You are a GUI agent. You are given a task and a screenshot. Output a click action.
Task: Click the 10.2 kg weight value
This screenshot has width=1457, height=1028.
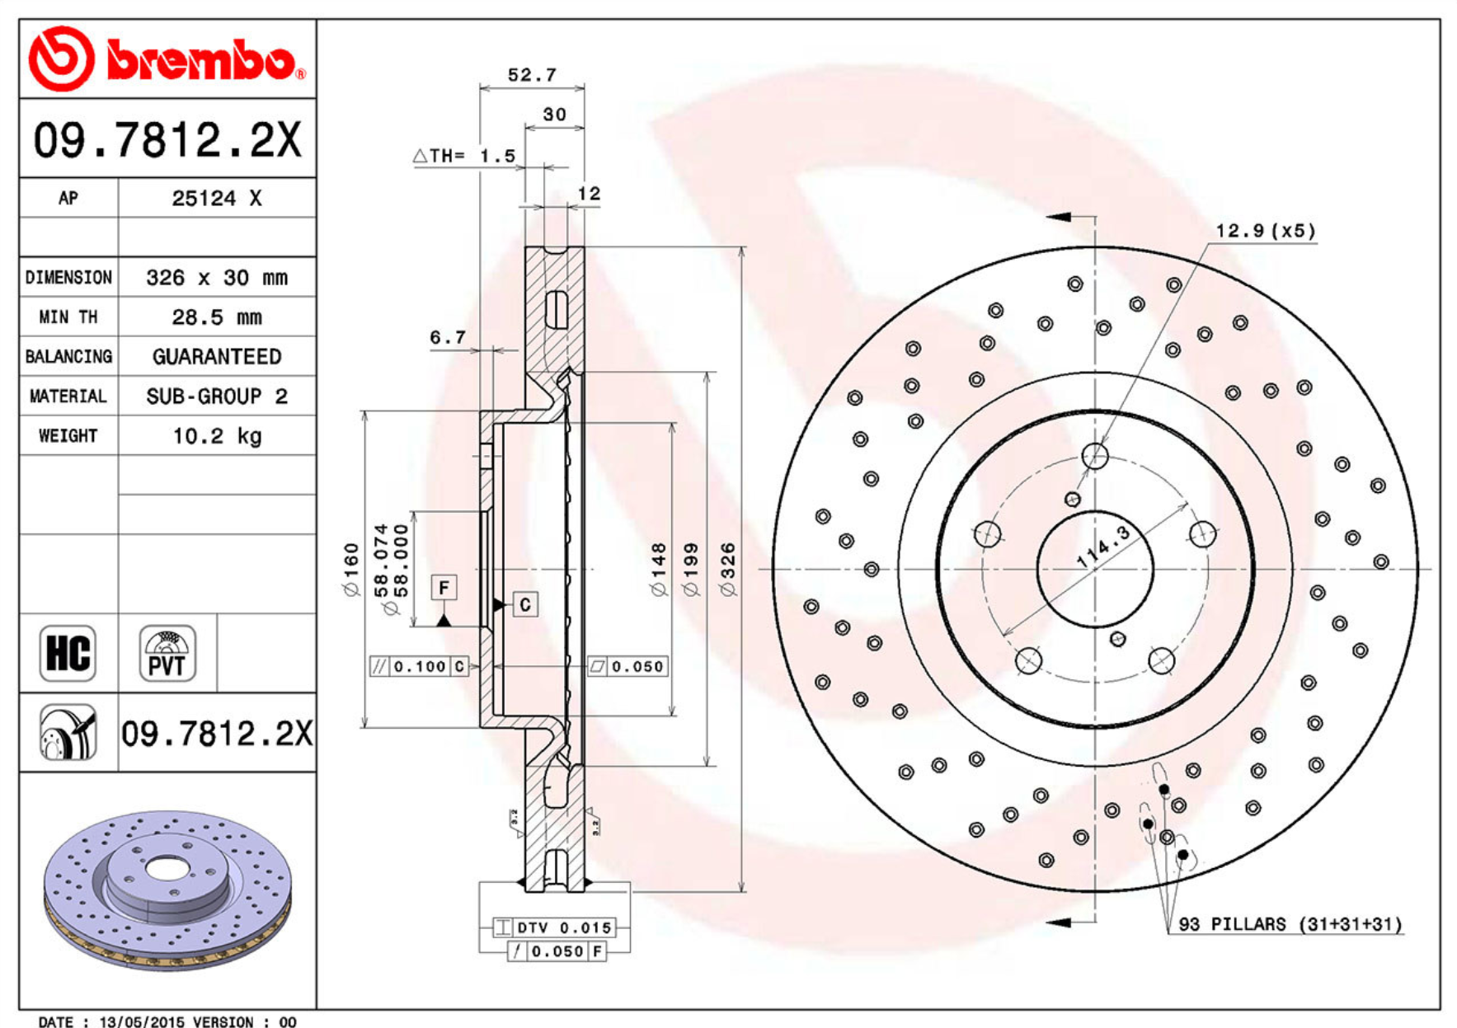(217, 435)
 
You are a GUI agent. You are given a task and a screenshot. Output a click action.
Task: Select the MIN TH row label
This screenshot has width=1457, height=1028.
(68, 317)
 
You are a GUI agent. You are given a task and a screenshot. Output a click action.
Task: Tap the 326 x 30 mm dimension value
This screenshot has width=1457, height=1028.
(217, 277)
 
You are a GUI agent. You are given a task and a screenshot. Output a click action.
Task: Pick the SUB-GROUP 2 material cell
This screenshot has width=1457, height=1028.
(217, 396)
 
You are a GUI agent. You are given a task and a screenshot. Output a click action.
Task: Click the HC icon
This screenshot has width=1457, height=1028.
(68, 654)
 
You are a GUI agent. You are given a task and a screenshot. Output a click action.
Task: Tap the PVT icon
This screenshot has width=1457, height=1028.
(167, 654)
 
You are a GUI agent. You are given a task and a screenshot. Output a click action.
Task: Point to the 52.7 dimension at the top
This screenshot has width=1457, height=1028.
(532, 75)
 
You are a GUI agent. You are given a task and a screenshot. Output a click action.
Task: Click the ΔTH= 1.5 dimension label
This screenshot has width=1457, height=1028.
(464, 156)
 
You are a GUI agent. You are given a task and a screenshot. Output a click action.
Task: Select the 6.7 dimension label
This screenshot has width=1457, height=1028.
(448, 337)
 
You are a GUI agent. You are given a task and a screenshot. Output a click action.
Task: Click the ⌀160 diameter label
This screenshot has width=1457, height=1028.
(352, 569)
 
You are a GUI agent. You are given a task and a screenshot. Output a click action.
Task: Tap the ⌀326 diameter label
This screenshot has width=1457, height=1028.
(727, 569)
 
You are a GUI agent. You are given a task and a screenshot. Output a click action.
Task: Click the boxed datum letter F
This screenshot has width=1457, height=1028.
(444, 588)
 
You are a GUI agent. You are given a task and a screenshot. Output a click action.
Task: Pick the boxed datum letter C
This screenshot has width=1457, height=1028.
(526, 604)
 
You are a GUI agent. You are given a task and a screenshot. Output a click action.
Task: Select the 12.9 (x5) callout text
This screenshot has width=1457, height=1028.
(1265, 231)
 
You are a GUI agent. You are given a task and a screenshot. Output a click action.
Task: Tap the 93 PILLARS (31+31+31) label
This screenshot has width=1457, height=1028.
(1290, 924)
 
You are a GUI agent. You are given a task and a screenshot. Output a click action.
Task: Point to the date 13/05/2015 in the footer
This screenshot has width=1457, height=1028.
(142, 1021)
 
